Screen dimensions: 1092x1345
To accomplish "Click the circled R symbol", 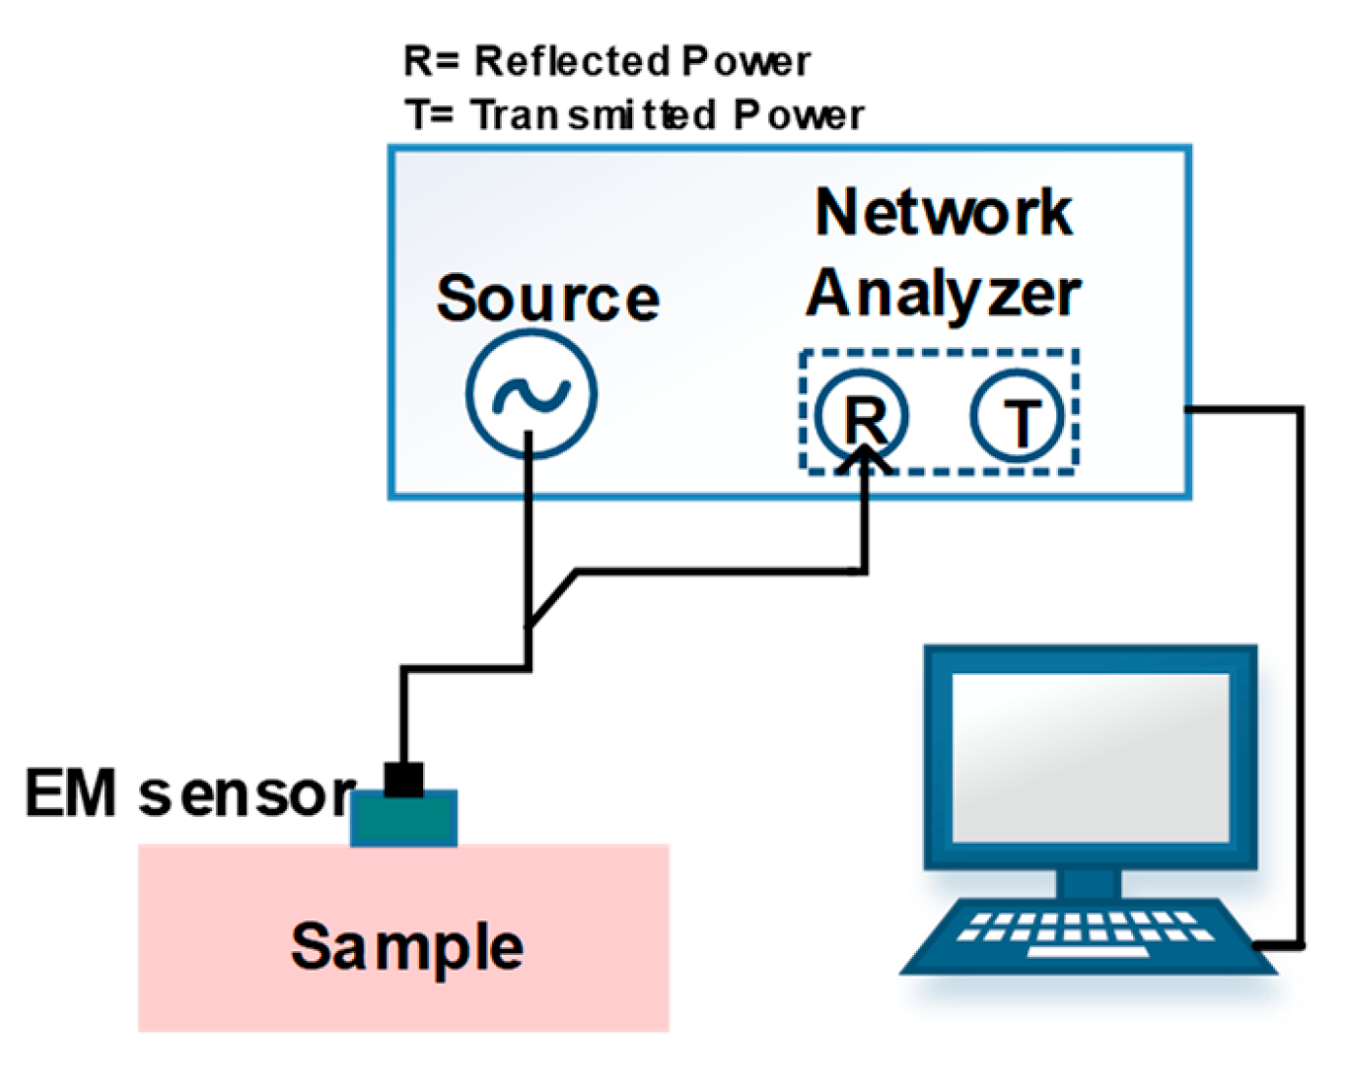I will pos(863,416).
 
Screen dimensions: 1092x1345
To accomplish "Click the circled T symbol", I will pos(1019,417).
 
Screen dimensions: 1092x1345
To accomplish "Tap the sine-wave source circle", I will pos(531,394).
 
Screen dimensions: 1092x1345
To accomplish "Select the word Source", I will pos(548,298).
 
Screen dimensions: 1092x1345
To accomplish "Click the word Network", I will pos(944,212).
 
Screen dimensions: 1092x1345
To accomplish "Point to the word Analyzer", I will pos(944,294).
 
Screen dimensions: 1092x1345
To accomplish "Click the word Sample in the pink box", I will pos(406,946).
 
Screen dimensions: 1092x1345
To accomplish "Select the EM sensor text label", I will pos(190,793).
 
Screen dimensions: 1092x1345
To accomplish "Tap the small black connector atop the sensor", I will pos(404,780).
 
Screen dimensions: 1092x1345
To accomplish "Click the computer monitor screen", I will pos(1091,757).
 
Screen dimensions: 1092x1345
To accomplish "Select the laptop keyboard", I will pos(1085,931).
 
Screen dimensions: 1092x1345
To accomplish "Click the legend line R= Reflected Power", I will pos(606,61).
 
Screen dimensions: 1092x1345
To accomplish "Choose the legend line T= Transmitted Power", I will pos(634,114).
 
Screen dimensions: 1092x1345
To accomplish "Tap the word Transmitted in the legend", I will pos(593,114).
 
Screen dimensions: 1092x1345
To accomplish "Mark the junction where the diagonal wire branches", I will pos(530,624).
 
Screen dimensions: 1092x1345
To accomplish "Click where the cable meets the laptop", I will pos(1259,946).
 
